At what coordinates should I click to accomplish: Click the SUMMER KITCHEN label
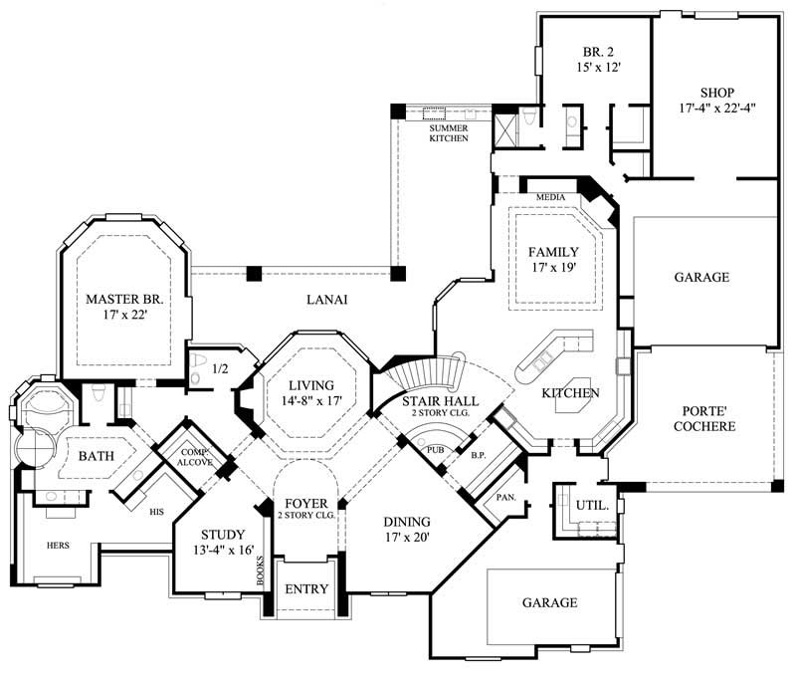pos(449,132)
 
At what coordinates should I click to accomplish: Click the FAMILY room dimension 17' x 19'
pos(552,267)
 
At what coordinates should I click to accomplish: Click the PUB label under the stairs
pos(435,450)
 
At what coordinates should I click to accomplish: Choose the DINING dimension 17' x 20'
pos(409,537)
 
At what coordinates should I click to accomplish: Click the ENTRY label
pos(306,589)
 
